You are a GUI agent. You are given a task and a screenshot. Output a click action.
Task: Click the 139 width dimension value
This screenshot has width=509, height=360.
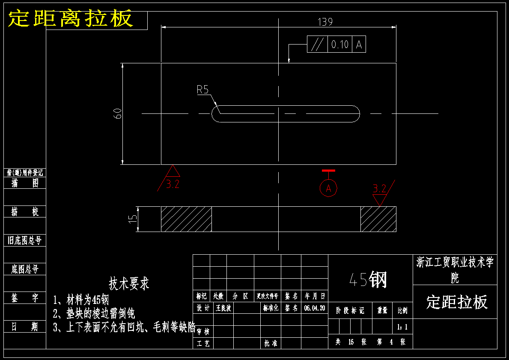pyautogui.click(x=325, y=22)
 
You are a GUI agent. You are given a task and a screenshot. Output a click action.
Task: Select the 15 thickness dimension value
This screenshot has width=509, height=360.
pyautogui.click(x=134, y=218)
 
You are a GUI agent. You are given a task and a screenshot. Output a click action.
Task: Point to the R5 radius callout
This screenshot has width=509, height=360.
pyautogui.click(x=202, y=90)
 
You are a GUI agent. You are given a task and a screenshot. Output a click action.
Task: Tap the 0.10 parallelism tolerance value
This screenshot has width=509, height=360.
pyautogui.click(x=340, y=44)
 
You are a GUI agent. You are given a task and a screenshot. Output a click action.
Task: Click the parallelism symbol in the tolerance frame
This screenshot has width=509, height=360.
pyautogui.click(x=318, y=44)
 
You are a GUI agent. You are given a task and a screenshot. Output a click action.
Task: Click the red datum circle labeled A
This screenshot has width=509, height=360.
pyautogui.click(x=328, y=188)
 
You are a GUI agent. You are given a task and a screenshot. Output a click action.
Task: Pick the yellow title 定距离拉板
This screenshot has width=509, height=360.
pyautogui.click(x=71, y=19)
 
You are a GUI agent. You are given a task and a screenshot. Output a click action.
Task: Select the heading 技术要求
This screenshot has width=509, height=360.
pyautogui.click(x=129, y=283)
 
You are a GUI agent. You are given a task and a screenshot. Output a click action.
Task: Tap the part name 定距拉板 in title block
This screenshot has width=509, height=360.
pyautogui.click(x=457, y=302)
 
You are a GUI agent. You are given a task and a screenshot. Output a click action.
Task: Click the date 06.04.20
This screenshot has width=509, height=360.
pyautogui.click(x=315, y=308)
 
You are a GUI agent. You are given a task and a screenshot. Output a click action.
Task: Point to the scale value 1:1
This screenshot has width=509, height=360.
pyautogui.click(x=402, y=327)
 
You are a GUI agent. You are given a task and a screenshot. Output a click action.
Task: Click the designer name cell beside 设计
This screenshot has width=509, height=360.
pyautogui.click(x=223, y=308)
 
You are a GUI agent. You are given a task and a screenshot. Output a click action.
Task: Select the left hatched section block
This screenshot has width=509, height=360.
pyautogui.click(x=186, y=219)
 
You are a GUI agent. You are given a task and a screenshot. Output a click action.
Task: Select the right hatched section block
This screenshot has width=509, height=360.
pyautogui.click(x=378, y=219)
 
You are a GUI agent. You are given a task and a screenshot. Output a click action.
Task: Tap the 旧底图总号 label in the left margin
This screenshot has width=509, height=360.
pyautogui.click(x=25, y=240)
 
